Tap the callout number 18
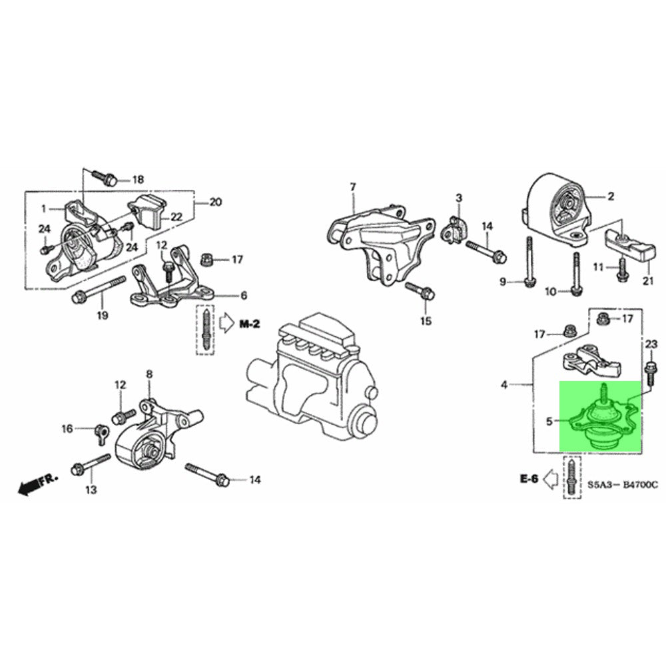[x=138, y=179]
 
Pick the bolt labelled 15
[x=420, y=291]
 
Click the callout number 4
[x=504, y=384]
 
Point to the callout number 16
[x=67, y=429]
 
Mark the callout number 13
[x=91, y=490]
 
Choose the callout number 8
[x=149, y=374]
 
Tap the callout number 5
[x=550, y=420]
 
